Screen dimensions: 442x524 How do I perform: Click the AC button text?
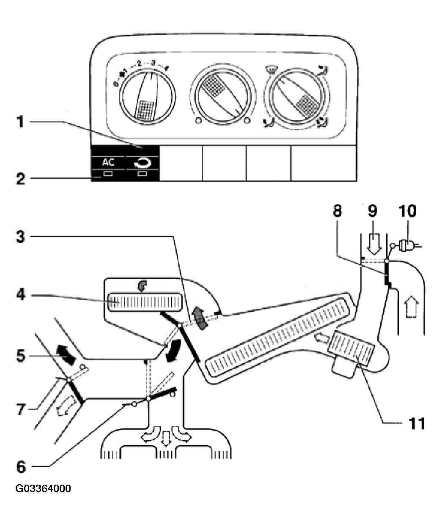pos(108,163)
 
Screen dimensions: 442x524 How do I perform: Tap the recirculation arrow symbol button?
pos(142,164)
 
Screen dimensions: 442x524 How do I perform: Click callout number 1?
pos(20,122)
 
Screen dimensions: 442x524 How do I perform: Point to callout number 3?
pos(21,236)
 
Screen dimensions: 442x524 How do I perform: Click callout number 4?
pos(21,294)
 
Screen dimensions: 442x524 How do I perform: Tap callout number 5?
pos(21,356)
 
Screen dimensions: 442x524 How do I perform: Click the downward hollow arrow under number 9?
pos(374,243)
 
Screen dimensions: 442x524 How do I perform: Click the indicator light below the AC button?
pos(108,174)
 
